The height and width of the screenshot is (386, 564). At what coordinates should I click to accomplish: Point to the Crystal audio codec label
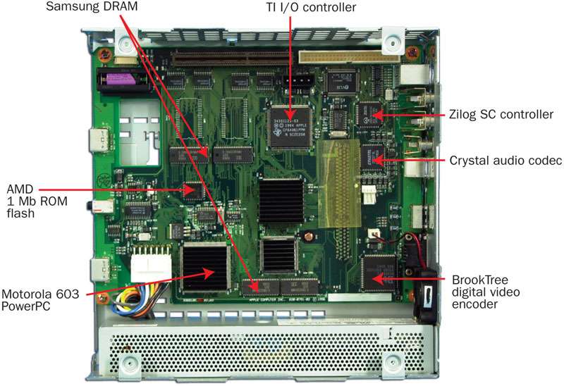505,161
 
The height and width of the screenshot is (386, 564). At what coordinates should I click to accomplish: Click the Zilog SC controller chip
369,114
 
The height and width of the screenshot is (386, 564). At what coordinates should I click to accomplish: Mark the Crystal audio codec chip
371,158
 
